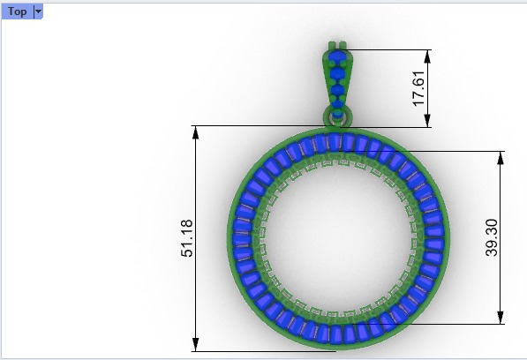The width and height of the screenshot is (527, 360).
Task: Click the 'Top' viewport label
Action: tap(16, 11)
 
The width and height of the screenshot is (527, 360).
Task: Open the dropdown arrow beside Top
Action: tap(37, 11)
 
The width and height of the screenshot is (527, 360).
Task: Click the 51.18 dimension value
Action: tap(187, 239)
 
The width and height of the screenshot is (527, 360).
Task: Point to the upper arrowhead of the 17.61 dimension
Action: tap(428, 55)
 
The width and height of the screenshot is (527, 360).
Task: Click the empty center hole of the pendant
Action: tap(336, 238)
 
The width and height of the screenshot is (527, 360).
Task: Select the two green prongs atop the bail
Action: tap(336, 44)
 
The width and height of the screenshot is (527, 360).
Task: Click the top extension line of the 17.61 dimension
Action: tap(388, 49)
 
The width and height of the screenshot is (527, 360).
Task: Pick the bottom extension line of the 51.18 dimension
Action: tap(265, 351)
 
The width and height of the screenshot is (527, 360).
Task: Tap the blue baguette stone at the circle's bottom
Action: tap(336, 334)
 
